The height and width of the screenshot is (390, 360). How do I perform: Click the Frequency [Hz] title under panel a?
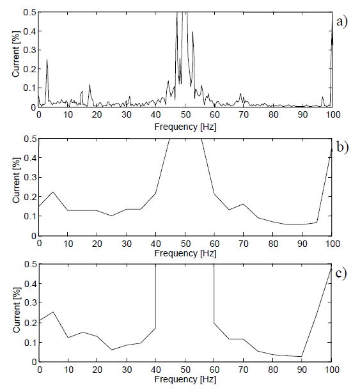(x=185, y=127)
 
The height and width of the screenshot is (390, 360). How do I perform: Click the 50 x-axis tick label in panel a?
(x=185, y=115)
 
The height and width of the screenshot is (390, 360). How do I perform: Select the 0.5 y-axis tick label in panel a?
(x=29, y=12)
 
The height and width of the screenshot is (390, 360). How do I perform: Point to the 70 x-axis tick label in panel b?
(x=244, y=242)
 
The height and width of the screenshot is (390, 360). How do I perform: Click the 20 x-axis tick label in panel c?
(x=97, y=368)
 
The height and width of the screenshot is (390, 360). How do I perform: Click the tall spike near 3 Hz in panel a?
(x=47, y=61)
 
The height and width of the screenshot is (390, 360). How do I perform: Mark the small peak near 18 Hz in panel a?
(x=90, y=85)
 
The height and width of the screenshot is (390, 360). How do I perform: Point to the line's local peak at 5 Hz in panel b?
(x=53, y=192)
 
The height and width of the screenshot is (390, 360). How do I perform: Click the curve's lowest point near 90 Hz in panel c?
(x=302, y=356)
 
